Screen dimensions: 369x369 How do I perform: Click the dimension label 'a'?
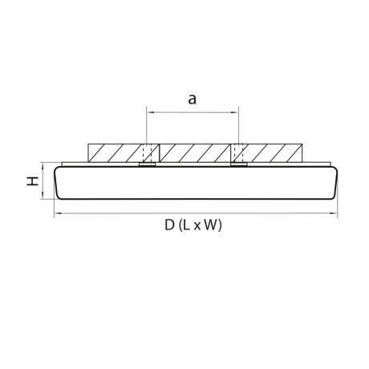coord(192,99)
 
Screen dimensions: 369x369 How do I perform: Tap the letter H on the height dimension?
coord(32,182)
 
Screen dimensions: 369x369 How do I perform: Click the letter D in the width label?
coord(169,225)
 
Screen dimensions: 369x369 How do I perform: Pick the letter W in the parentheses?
coord(209,225)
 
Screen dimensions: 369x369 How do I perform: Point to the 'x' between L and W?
coord(197,226)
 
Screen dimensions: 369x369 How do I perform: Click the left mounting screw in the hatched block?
coord(147,156)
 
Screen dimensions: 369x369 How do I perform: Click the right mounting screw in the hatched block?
coord(238,156)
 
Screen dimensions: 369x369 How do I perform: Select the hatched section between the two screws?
coord(193,152)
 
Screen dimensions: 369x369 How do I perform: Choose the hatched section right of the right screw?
coord(273,152)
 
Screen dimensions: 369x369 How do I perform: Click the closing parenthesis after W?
coord(220,225)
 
